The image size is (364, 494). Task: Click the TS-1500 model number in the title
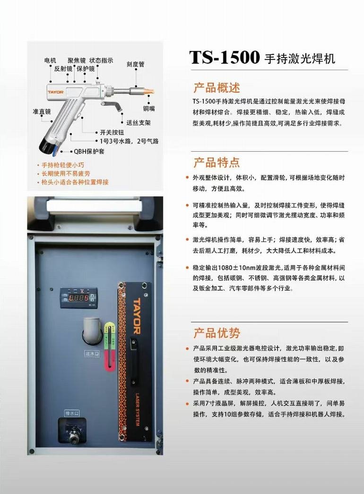225,57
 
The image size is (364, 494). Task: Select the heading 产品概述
217,87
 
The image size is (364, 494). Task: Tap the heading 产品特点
217,162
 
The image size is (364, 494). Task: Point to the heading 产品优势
217,333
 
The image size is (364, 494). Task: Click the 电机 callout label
50,60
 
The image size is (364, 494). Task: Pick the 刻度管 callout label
136,64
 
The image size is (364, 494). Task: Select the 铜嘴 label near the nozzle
149,108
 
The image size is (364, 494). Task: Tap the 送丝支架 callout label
139,123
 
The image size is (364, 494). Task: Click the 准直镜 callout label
42,112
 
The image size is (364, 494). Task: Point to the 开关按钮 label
112,132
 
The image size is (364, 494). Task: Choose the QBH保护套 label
89,151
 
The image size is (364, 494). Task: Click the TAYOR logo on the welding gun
55,92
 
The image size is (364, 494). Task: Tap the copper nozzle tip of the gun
148,92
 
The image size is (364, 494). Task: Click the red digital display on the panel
79,298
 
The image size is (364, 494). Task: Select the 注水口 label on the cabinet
92,354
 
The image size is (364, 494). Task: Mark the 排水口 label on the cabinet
72,413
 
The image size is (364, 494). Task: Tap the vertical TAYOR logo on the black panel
137,316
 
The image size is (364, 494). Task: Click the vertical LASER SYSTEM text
138,409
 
